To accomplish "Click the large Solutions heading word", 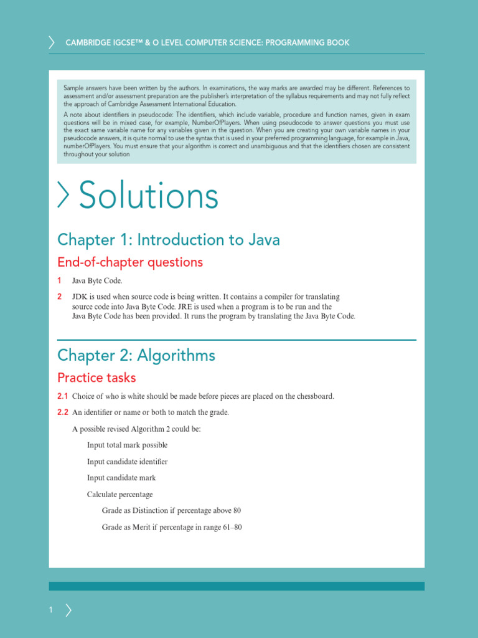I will point(148,196).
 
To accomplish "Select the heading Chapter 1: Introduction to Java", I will point(168,240).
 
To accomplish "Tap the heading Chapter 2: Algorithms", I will point(136,356).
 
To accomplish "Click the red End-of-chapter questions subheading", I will point(129,262).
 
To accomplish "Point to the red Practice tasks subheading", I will point(96,378).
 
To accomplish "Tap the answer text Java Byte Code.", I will point(97,281).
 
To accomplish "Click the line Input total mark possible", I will point(127,445).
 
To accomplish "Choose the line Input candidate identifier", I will point(127,462).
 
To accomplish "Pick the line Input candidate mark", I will point(121,478).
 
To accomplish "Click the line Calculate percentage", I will point(119,495).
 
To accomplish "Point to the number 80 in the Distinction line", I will point(237,511).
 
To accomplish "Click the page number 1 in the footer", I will point(51,611).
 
